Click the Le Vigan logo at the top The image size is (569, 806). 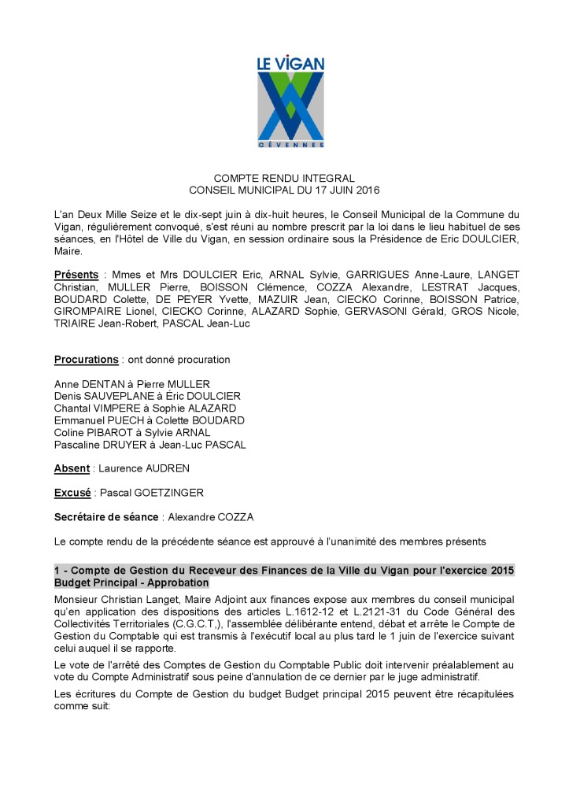click(291, 102)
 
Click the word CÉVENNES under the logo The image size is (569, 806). click(291, 145)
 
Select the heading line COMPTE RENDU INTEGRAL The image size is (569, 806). click(284, 178)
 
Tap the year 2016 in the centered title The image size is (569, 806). click(367, 190)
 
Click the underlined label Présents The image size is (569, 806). click(76, 274)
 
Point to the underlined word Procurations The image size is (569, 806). click(86, 360)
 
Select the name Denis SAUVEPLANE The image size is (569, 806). click(100, 396)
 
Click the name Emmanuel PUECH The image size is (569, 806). click(94, 420)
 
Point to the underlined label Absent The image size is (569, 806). click(72, 468)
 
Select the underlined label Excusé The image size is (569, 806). click(72, 493)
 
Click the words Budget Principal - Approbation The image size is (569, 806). click(131, 583)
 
